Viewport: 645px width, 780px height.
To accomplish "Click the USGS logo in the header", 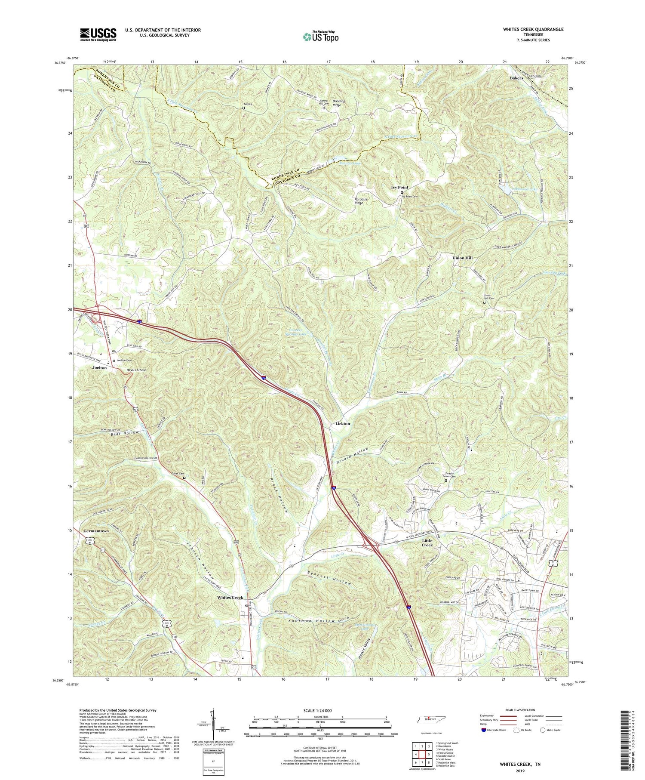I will coord(98,34).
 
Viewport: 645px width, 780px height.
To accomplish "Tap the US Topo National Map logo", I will coord(320,37).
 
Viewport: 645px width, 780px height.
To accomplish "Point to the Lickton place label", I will coord(343,424).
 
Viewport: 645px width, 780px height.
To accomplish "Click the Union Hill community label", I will coord(462,258).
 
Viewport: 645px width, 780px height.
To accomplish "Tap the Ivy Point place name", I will coord(399,188).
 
